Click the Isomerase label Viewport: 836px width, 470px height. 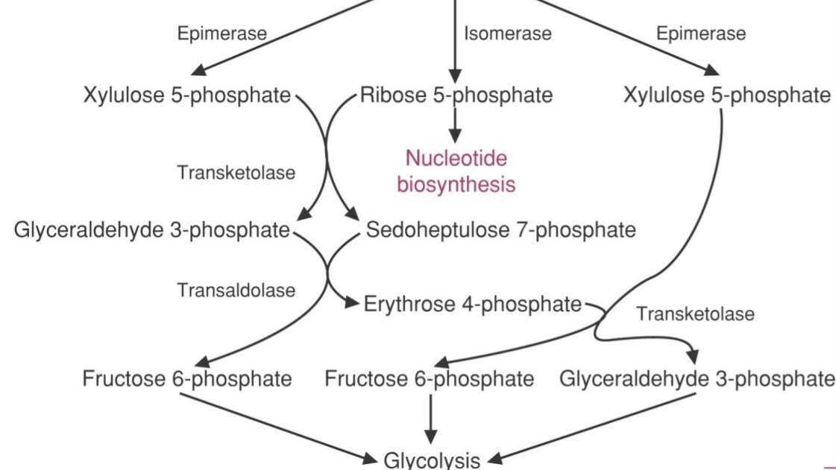(x=507, y=34)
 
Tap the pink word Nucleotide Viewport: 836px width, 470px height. (x=456, y=158)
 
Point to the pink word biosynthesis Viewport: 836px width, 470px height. (x=456, y=184)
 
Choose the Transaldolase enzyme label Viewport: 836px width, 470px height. (x=236, y=290)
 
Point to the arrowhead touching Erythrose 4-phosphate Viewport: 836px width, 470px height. (x=351, y=304)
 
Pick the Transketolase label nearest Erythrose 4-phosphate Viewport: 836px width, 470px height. (x=694, y=314)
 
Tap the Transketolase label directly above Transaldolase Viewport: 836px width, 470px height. (x=236, y=173)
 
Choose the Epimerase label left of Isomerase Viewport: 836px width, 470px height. (x=221, y=34)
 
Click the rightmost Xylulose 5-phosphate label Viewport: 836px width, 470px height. (x=726, y=95)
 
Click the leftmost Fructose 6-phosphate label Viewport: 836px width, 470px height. (x=186, y=378)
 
